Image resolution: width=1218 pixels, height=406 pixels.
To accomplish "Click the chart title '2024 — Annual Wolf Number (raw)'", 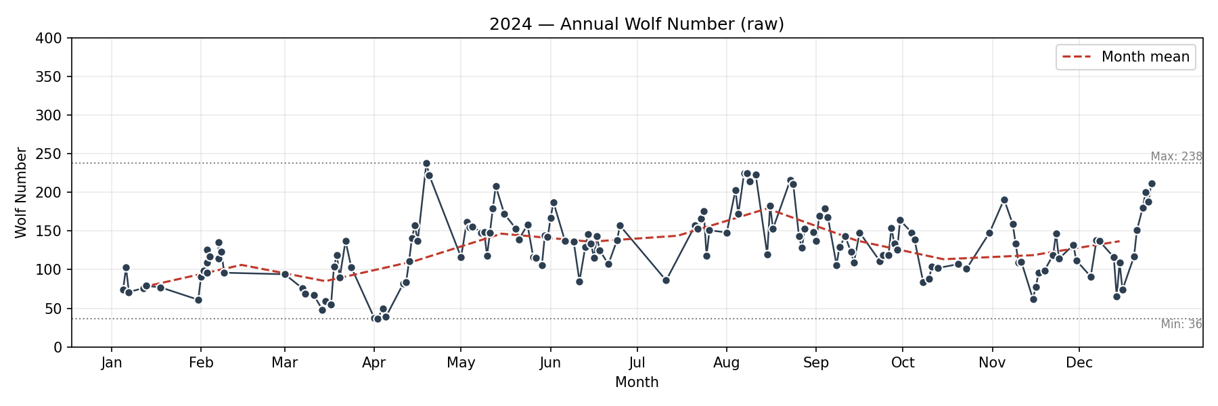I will [636, 24].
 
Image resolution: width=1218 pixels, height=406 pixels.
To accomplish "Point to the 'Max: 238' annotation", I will [1176, 156].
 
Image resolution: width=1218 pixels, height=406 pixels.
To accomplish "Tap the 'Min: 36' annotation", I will [1181, 324].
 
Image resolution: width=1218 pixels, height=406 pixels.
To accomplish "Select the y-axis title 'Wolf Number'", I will [21, 193].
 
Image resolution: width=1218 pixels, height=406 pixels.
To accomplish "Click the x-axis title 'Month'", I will [636, 382].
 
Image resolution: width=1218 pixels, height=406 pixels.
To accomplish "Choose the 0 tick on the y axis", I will [58, 347].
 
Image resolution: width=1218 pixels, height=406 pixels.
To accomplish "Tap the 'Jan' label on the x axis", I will [112, 363].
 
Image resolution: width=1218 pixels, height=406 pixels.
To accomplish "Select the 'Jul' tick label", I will [637, 363].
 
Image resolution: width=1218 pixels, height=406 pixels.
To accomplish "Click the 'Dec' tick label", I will [1079, 363].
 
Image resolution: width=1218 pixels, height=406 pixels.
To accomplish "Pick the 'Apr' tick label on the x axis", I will [374, 363].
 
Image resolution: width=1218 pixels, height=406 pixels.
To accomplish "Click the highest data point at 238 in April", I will [426, 164].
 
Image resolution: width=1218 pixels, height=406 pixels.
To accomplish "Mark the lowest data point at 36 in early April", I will [378, 319].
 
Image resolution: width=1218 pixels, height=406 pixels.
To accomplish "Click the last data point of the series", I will [1152, 184].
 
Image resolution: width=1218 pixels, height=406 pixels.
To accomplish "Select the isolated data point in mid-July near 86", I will [666, 280].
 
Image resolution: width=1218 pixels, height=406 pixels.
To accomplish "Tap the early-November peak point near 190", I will [1004, 200].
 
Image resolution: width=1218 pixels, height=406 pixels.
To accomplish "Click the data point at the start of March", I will [285, 274].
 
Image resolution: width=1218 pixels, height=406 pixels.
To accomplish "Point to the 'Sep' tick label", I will [815, 363].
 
